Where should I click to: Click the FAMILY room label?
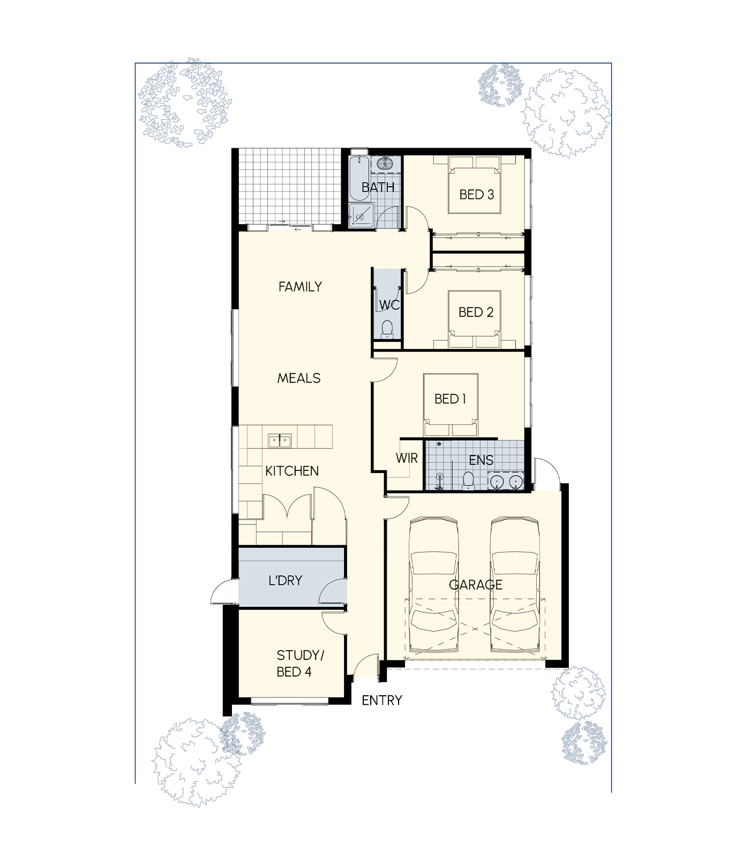tap(300, 287)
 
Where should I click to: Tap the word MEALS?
tap(299, 378)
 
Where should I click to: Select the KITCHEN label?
tap(292, 471)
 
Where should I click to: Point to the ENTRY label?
tap(382, 700)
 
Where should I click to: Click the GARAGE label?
tap(476, 584)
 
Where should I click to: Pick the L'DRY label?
tap(286, 581)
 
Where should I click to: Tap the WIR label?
tap(407, 458)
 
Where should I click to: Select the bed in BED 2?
tap(475, 319)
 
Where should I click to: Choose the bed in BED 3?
tap(475, 185)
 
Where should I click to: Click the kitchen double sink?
tap(279, 441)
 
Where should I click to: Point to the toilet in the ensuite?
tap(468, 481)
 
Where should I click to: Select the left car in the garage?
tap(433, 584)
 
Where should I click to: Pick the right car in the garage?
tap(515, 584)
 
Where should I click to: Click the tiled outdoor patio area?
tap(290, 186)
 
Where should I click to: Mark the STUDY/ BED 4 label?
tap(300, 664)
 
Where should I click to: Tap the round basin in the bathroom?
tap(384, 163)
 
